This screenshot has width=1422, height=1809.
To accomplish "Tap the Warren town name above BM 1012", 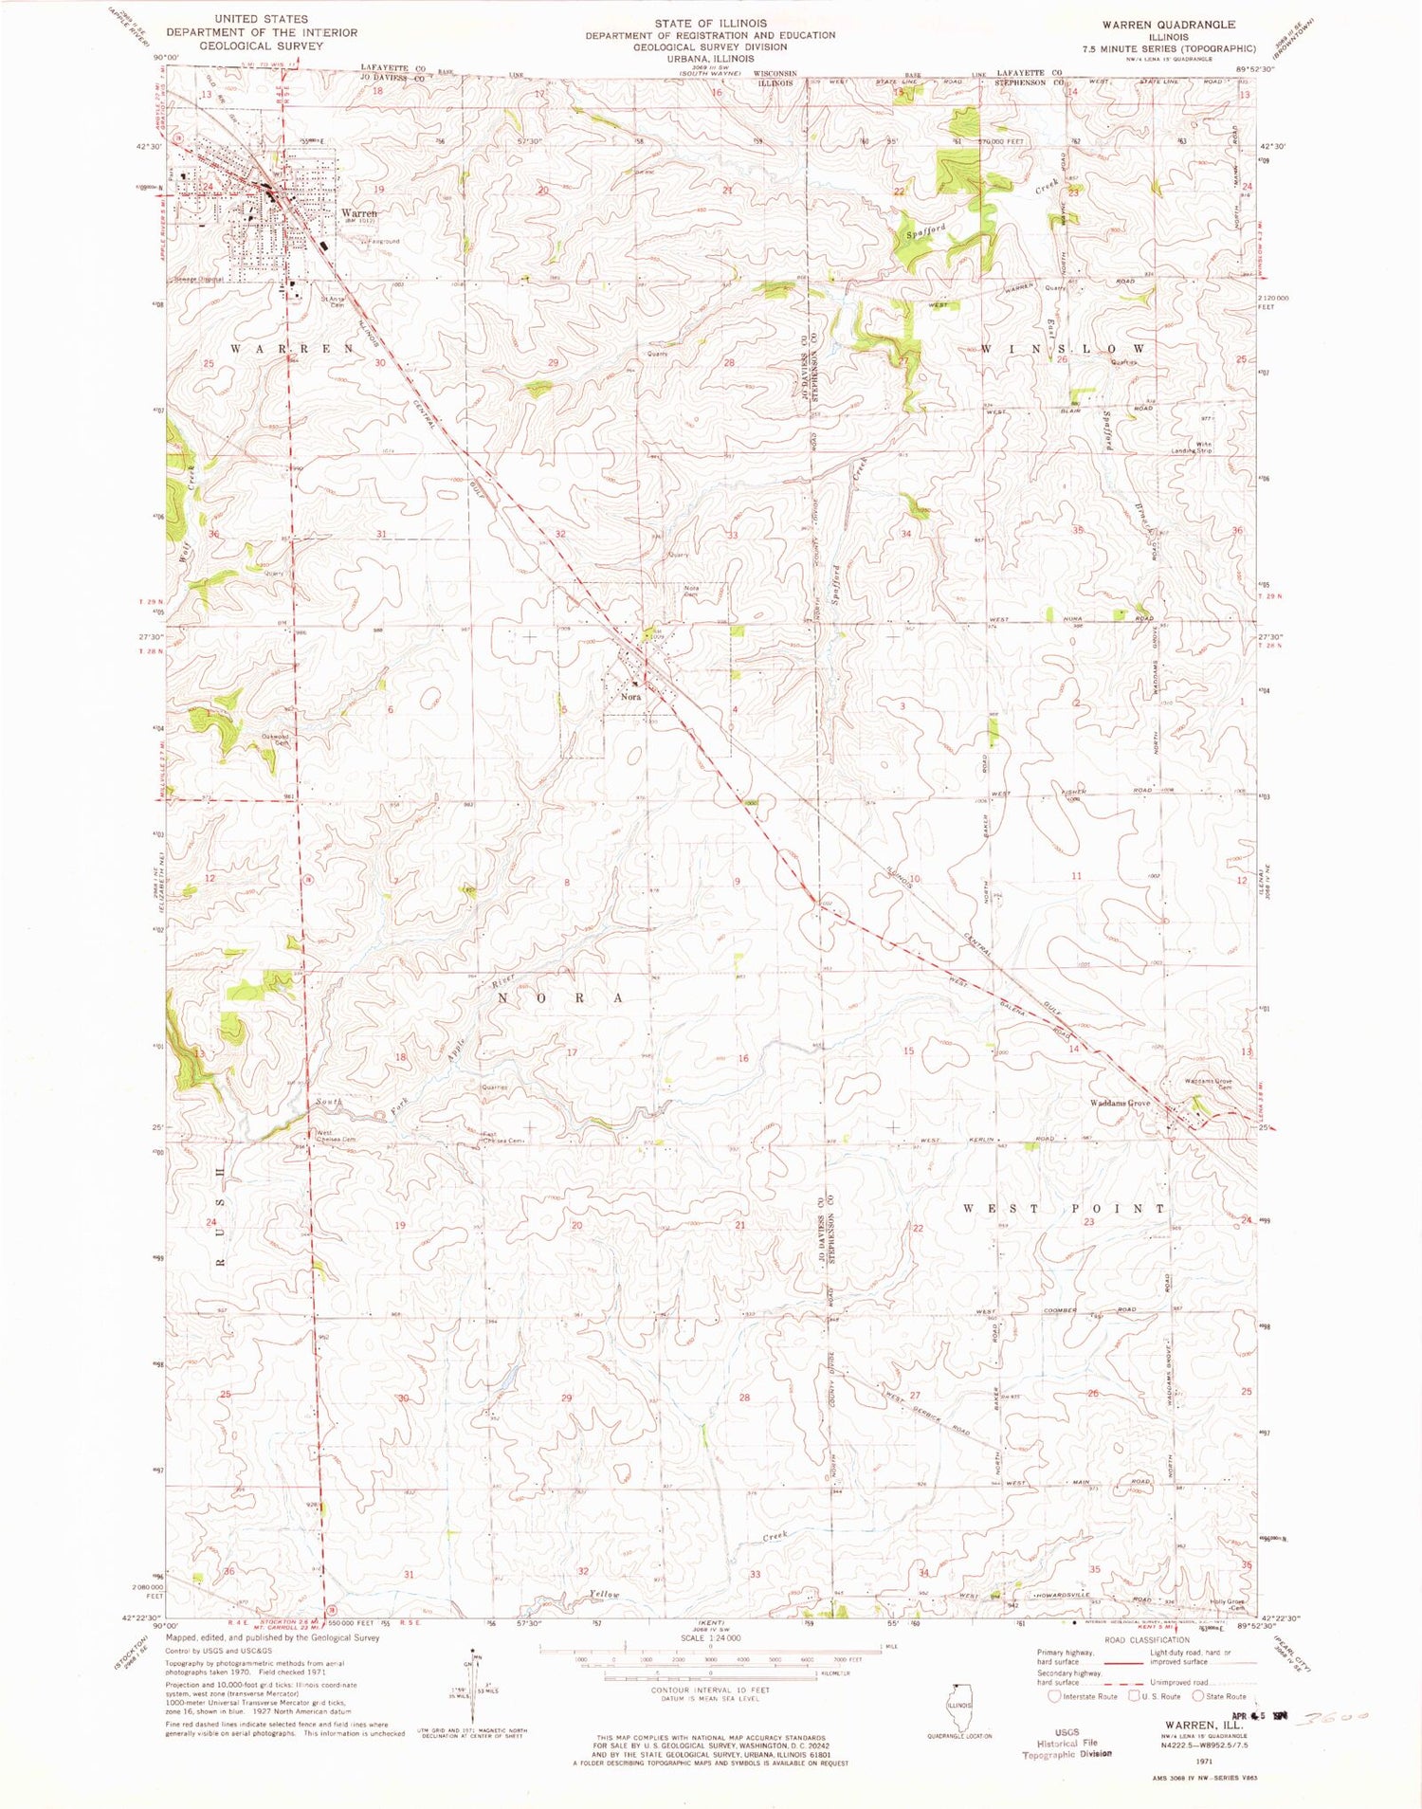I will [359, 213].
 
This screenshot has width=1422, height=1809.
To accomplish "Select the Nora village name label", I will [630, 696].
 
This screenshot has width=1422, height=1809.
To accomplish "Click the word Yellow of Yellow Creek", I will [604, 1595].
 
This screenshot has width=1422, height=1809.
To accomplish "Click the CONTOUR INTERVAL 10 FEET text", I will [710, 1690].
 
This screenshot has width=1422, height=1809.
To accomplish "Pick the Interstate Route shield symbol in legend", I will [1053, 1696].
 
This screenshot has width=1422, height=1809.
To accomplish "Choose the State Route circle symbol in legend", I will [1198, 1696].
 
